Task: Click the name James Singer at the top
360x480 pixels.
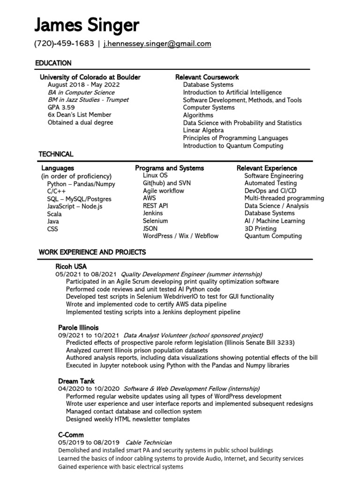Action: pyautogui.click(x=86, y=25)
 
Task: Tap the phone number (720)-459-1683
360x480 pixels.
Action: pyautogui.click(x=64, y=44)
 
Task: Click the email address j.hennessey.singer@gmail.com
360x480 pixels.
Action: pyautogui.click(x=157, y=44)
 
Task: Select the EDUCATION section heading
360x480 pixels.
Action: pyautogui.click(x=53, y=63)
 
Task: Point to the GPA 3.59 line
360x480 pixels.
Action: pyautogui.click(x=61, y=107)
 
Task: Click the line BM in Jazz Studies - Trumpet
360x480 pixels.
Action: pyautogui.click(x=88, y=100)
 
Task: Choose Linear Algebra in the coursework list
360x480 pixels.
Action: pyautogui.click(x=203, y=130)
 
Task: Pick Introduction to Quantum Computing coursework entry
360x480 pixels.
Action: pyautogui.click(x=233, y=146)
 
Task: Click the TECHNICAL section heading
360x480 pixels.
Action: pyautogui.click(x=56, y=154)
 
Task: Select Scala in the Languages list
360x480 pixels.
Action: pyautogui.click(x=54, y=214)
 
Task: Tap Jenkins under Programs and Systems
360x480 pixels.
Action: pyautogui.click(x=153, y=213)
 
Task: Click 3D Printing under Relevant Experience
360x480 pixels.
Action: pyautogui.click(x=261, y=228)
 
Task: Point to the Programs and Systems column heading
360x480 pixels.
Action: pyautogui.click(x=169, y=168)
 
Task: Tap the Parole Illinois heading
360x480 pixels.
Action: pyautogui.click(x=78, y=328)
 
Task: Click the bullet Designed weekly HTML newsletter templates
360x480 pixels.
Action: pyautogui.click(x=127, y=419)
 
